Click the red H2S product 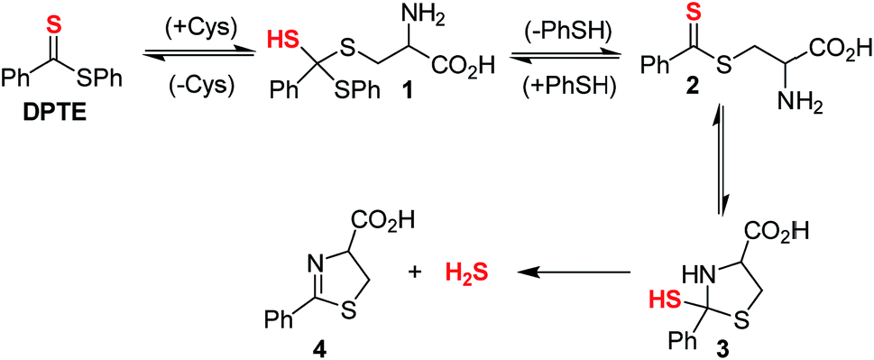tap(465, 272)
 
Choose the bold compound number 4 tap(325, 348)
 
